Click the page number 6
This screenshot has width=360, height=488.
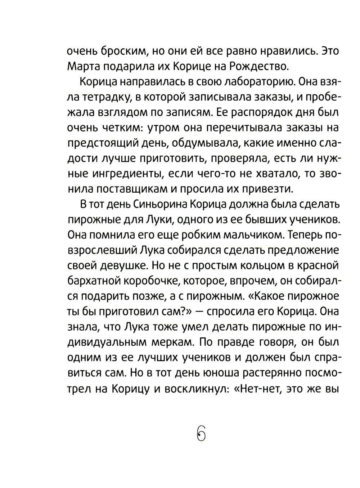[x=201, y=433]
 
